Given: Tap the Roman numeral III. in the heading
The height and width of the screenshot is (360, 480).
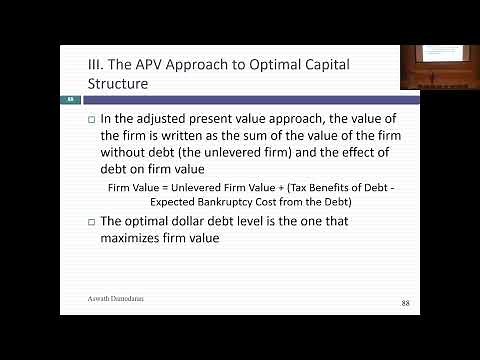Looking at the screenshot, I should pos(97,64).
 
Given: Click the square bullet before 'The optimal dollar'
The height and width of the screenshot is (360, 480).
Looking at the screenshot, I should pos(92,222).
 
